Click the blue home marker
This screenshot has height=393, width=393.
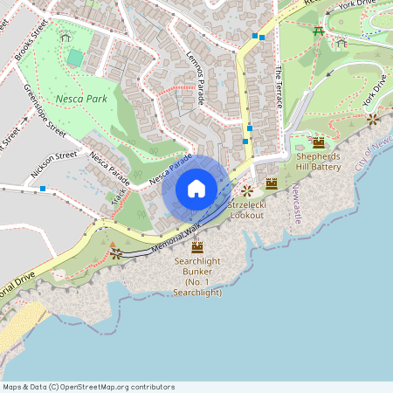pyautogui.click(x=196, y=189)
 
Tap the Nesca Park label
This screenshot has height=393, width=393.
pyautogui.click(x=81, y=99)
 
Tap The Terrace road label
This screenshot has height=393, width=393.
pyautogui.click(x=279, y=86)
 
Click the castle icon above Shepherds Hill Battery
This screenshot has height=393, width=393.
pyautogui.click(x=318, y=141)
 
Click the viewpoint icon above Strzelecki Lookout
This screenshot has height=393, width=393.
pyautogui.click(x=247, y=190)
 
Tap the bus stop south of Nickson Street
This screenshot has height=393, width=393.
pyautogui.click(x=42, y=189)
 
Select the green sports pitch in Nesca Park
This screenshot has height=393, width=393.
pyautogui.click(x=76, y=58)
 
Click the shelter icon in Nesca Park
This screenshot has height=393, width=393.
pyautogui.click(x=65, y=36)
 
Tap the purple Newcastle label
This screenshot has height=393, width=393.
pyautogui.click(x=296, y=203)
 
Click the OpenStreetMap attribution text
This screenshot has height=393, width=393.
pyautogui.click(x=88, y=387)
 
